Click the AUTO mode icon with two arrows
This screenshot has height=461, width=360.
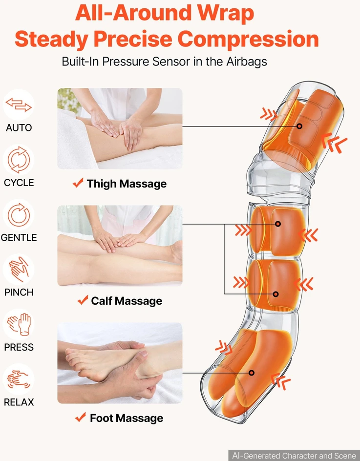pyautogui.click(x=19, y=105)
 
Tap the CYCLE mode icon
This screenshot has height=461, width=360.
pyautogui.click(x=19, y=160)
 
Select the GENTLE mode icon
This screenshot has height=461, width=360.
pyautogui.click(x=19, y=214)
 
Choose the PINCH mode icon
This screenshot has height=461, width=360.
pyautogui.click(x=19, y=270)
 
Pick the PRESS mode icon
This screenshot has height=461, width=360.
pyautogui.click(x=19, y=325)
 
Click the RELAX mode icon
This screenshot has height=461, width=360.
pyautogui.click(x=19, y=379)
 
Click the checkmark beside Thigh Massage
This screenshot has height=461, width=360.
pyautogui.click(x=78, y=183)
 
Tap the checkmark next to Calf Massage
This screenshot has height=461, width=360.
pyautogui.click(x=83, y=300)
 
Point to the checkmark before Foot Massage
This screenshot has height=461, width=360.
pyautogui.click(x=80, y=417)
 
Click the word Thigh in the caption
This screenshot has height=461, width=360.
pyautogui.click(x=102, y=184)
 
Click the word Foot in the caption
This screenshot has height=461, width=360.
pyautogui.click(x=99, y=418)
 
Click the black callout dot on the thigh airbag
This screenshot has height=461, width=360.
pyautogui.click(x=299, y=126)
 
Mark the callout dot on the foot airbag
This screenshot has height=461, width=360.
pyautogui.click(x=252, y=373)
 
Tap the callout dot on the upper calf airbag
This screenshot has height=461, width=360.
pyautogui.click(x=277, y=224)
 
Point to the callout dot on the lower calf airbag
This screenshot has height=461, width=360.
pyautogui.click(x=275, y=294)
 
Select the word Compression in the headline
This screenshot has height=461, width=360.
pyautogui.click(x=248, y=39)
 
